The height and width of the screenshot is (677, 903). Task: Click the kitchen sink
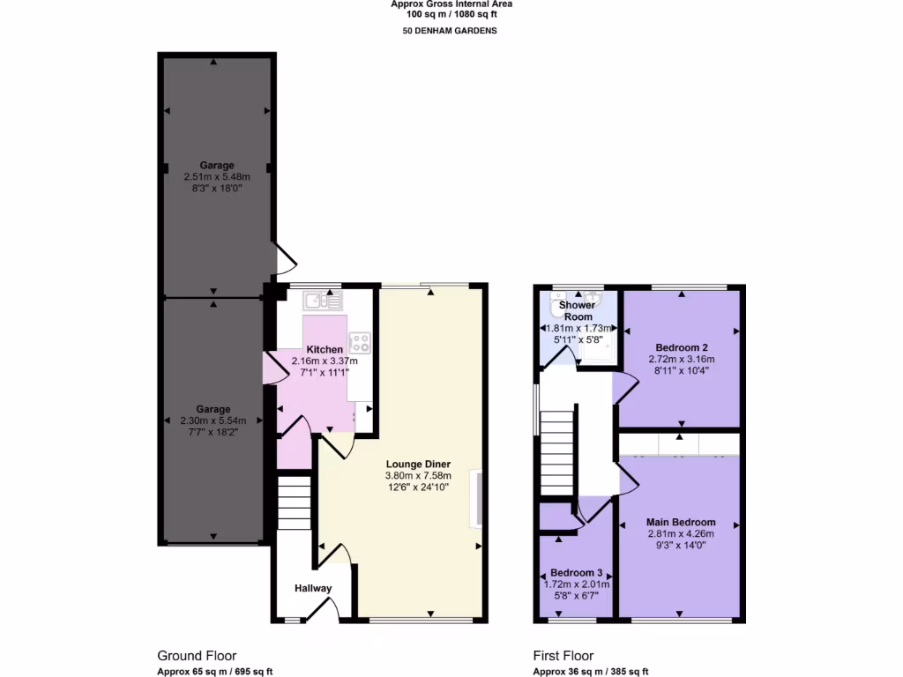(x=323, y=301)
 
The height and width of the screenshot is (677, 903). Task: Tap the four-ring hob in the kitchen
(x=360, y=341)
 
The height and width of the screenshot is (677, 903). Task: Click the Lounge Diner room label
(x=418, y=464)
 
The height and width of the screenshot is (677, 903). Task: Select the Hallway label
(x=313, y=589)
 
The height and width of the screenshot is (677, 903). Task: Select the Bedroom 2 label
(x=682, y=346)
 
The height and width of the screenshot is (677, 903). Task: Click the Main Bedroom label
(x=680, y=522)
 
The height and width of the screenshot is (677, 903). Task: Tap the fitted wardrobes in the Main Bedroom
(x=679, y=443)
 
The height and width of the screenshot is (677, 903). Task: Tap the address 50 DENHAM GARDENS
(x=451, y=31)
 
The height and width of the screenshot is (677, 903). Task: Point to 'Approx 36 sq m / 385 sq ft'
(x=590, y=671)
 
